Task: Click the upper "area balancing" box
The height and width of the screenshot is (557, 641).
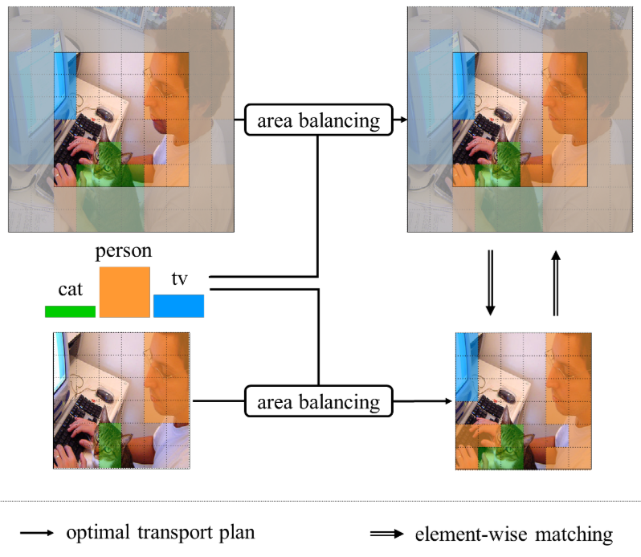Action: (x=318, y=120)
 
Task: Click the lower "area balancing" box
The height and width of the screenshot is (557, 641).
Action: (x=318, y=400)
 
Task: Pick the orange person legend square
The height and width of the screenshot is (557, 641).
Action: (x=125, y=292)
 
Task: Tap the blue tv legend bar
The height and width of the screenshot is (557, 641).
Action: (x=178, y=306)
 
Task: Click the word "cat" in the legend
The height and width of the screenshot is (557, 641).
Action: (x=70, y=290)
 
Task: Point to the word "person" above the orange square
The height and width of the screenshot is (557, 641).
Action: (x=124, y=252)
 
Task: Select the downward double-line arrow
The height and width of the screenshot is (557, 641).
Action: (x=491, y=283)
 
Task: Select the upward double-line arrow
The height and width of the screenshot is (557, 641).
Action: (x=554, y=283)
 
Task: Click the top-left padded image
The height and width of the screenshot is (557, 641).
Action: (x=121, y=120)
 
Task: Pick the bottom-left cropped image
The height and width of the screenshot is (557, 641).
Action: (x=121, y=400)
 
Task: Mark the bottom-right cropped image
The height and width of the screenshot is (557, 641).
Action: (x=523, y=400)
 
